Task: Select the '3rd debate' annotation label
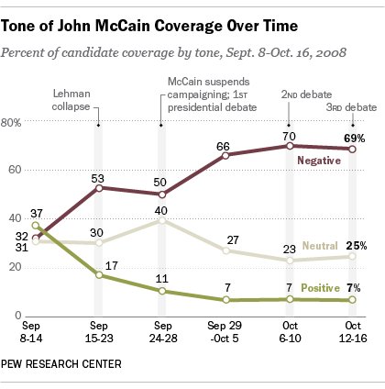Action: point(356,106)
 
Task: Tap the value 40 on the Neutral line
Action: point(161,211)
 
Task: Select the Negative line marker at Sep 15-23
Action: point(98,188)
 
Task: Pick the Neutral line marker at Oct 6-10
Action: point(291,261)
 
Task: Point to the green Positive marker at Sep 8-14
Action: point(35,226)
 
